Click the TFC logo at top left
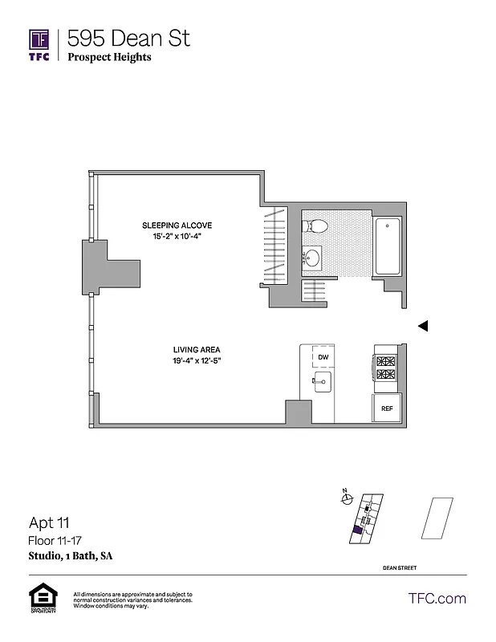[39, 45]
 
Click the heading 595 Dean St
[128, 38]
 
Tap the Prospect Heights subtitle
[109, 57]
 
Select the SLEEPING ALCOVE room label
[177, 225]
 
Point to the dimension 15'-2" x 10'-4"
[177, 236]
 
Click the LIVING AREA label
[197, 349]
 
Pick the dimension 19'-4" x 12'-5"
[197, 360]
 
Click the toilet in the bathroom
[313, 227]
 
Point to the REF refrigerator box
[387, 408]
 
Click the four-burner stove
[386, 368]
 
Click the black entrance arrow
[425, 326]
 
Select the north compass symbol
[347, 499]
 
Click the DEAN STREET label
[399, 568]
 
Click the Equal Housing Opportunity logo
[42, 599]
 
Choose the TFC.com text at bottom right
[437, 598]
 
